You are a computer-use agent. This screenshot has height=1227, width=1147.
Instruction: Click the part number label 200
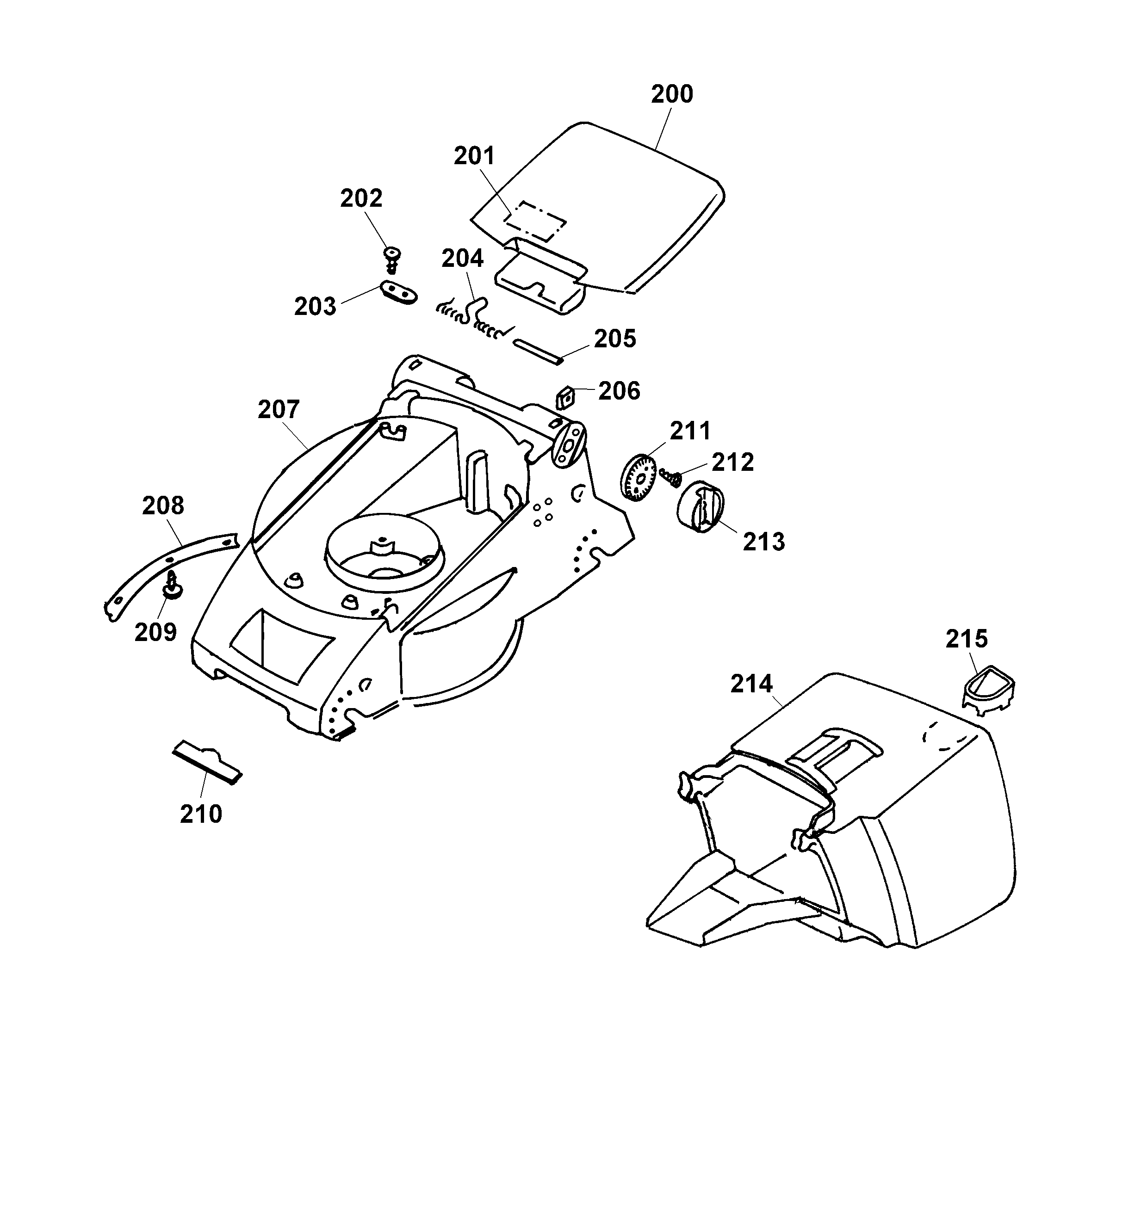click(x=672, y=94)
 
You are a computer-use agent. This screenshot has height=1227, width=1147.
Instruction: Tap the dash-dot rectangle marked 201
click(x=536, y=220)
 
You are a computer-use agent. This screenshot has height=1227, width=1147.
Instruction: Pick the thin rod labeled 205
click(x=537, y=351)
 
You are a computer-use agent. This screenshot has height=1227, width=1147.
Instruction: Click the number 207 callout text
click(x=279, y=409)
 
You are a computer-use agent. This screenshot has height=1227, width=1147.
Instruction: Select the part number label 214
click(x=751, y=684)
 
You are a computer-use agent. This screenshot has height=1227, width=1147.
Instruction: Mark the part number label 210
click(x=201, y=814)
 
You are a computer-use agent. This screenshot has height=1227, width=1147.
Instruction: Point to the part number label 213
click(x=763, y=542)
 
